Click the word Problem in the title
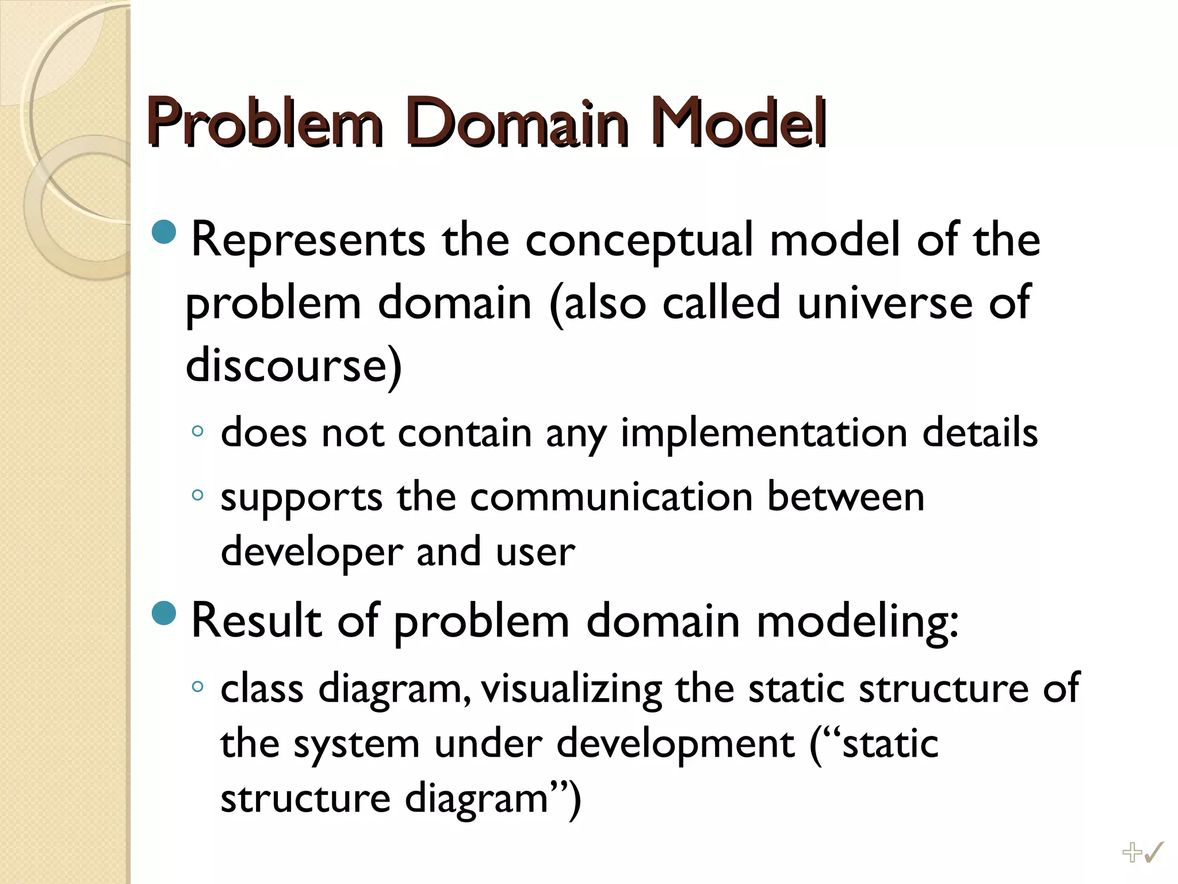point(265,122)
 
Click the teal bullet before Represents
point(165,231)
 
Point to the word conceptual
point(638,241)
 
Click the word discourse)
point(293,365)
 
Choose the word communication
point(611,497)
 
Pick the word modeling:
point(857,622)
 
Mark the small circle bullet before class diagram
point(197,686)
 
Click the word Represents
point(308,241)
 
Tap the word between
point(845,497)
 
